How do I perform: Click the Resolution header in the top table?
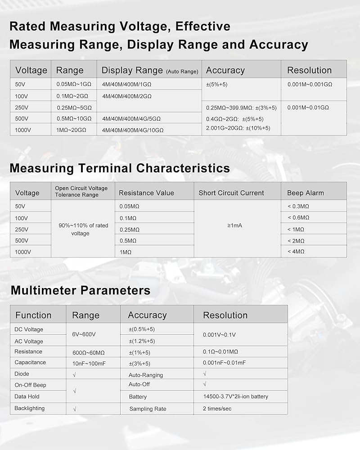(x=309, y=70)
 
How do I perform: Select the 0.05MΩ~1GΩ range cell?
(x=74, y=85)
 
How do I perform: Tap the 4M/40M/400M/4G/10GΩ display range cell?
(x=133, y=130)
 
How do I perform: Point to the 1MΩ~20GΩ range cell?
(x=71, y=130)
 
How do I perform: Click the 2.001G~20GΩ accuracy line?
(x=238, y=128)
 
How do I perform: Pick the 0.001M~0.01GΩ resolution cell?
(x=308, y=108)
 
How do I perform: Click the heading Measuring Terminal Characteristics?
(x=119, y=168)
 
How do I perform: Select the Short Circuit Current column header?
(x=231, y=193)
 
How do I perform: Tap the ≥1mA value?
(x=235, y=225)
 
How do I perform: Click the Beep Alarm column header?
(x=305, y=193)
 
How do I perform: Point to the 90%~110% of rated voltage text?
(x=83, y=229)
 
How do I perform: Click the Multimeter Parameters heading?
(x=80, y=290)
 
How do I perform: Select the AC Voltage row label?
(x=29, y=341)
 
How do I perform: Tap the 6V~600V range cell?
(x=84, y=335)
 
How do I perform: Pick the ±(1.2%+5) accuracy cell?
(x=142, y=341)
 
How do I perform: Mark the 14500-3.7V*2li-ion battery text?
(x=235, y=396)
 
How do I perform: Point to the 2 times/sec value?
(x=217, y=409)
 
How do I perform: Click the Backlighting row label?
(x=29, y=408)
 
